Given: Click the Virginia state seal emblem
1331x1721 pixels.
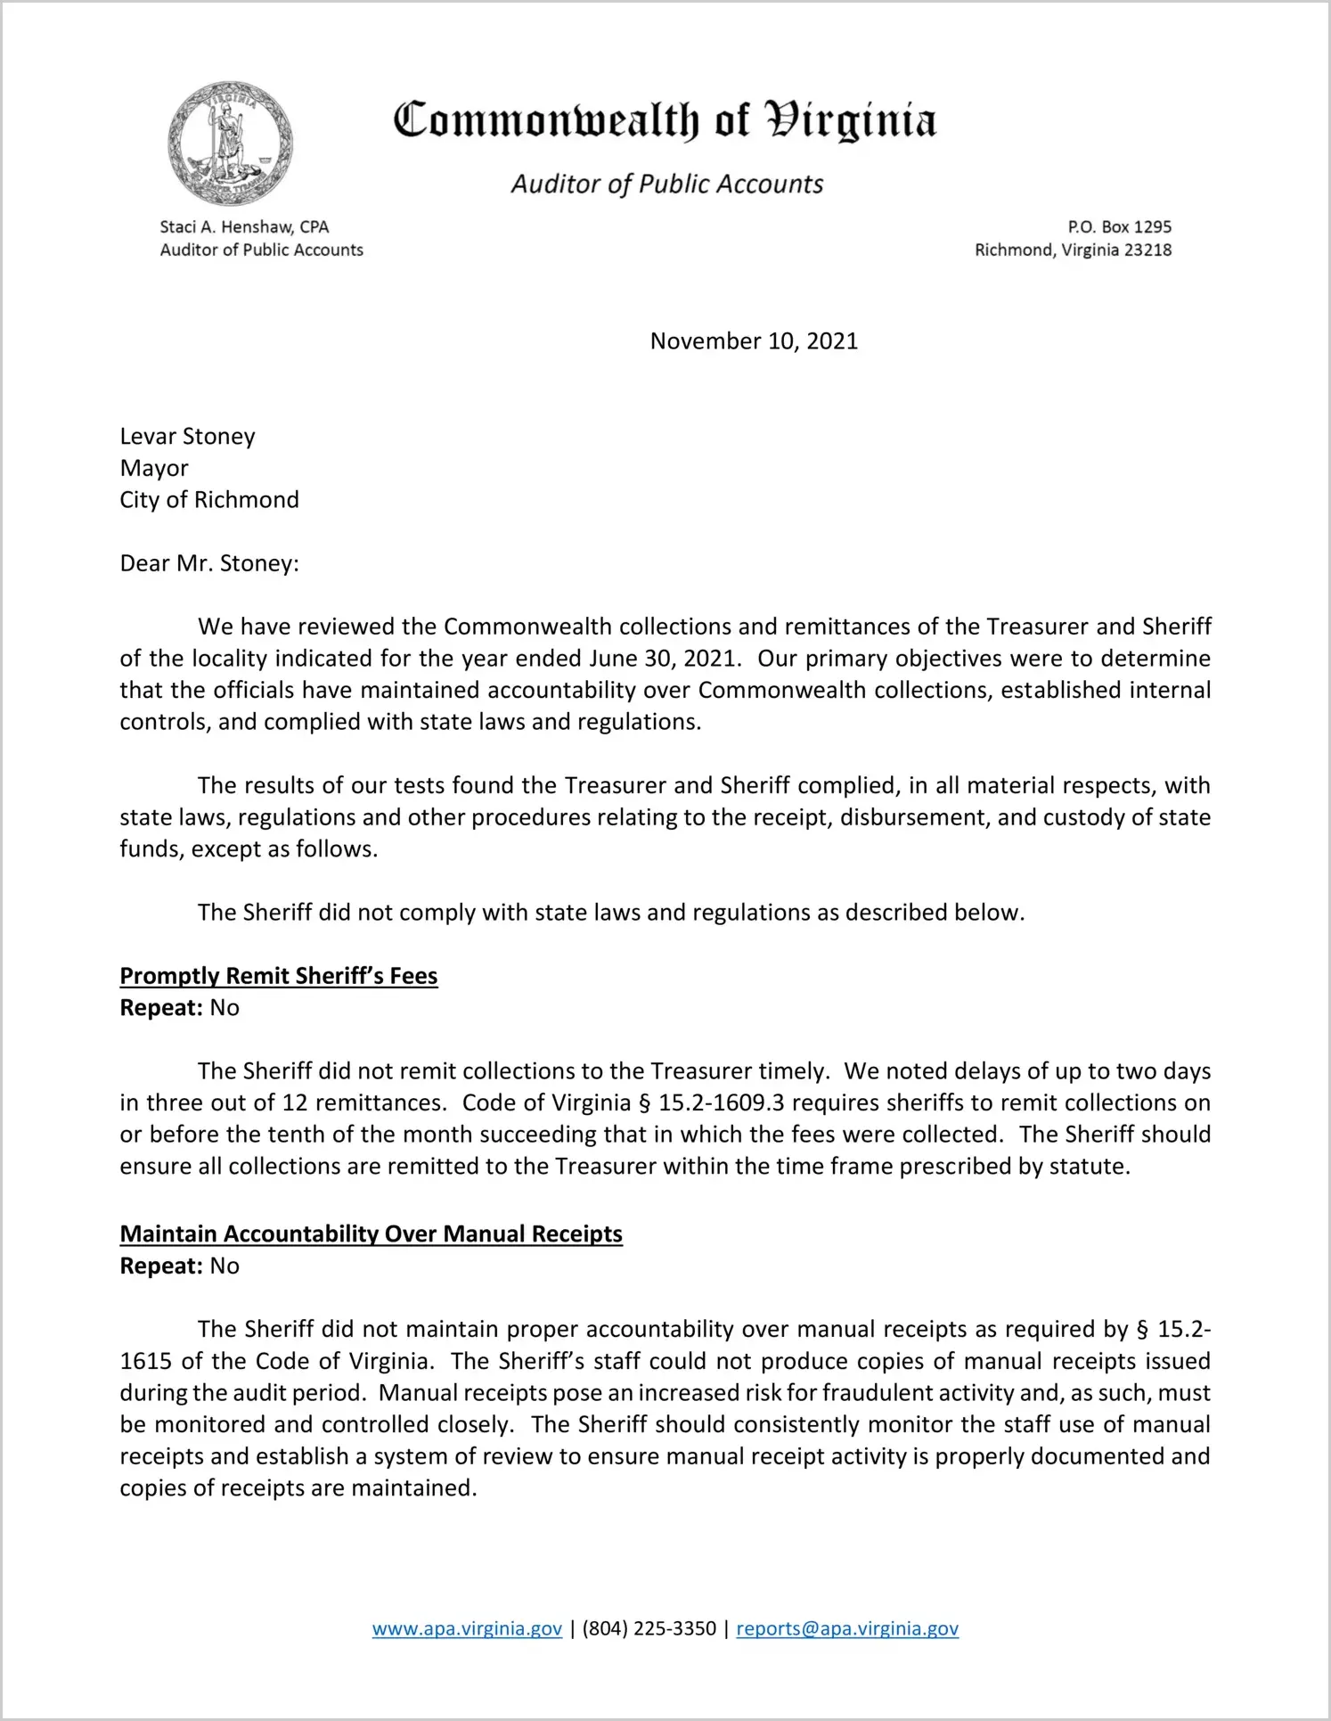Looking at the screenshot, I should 230,143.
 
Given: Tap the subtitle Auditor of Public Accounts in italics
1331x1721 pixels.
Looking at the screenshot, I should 666,184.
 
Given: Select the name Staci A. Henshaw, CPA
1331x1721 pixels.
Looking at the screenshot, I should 244,227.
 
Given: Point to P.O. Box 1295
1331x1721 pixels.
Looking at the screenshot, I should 1119,227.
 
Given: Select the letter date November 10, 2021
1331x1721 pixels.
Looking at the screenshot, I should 754,341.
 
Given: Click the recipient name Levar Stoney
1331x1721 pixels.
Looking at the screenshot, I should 187,437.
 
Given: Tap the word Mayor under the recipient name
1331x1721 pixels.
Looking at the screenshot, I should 154,469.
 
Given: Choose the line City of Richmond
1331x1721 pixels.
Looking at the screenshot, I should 209,500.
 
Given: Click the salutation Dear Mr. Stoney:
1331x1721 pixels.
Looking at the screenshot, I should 209,564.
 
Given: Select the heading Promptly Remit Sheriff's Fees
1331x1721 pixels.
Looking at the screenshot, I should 279,976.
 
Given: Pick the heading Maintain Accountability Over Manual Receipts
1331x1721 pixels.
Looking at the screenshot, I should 371,1234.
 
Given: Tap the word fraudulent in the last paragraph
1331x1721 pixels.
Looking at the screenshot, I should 879,1393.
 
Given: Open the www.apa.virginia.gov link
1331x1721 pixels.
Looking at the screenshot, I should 467,1629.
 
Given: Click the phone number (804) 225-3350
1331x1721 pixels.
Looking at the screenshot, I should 649,1629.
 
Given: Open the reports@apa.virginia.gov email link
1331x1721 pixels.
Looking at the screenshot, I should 847,1629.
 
